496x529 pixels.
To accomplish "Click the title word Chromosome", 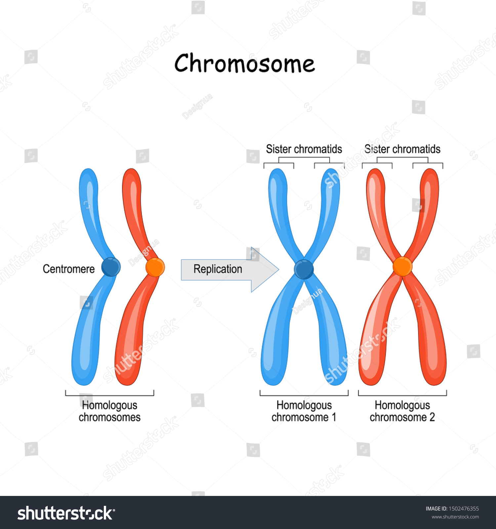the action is point(245,63).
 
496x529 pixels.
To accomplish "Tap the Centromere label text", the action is point(68,269).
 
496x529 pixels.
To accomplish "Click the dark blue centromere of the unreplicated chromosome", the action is point(111,267).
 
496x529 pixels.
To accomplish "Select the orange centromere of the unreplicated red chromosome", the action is point(155,267).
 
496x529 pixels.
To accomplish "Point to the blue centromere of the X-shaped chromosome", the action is point(304,269).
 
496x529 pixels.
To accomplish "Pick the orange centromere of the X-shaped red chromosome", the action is point(402,266).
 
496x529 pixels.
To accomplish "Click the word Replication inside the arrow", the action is point(218,269).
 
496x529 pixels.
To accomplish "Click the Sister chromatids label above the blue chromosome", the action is point(304,149).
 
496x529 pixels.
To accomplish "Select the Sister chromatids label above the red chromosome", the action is point(402,149).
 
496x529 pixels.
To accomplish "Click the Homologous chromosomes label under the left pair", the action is point(109,411).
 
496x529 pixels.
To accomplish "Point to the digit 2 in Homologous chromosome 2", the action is point(432,417).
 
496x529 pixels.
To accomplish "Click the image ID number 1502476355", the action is point(464,509).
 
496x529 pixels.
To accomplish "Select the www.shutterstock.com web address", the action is point(455,517).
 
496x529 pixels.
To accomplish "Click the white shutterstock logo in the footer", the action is point(66,513).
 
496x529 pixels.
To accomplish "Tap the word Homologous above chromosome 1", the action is point(304,405).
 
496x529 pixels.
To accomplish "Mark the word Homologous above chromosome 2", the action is point(402,405).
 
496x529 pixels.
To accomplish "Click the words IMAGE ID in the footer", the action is point(436,509).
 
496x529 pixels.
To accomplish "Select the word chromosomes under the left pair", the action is point(109,417).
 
